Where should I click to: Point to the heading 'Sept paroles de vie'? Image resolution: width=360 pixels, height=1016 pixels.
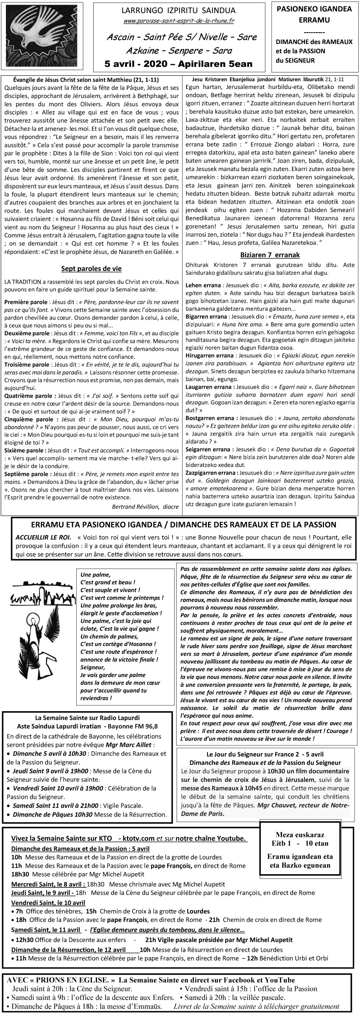point(91,268)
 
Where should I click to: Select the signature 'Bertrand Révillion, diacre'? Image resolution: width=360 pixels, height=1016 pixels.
point(145,506)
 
